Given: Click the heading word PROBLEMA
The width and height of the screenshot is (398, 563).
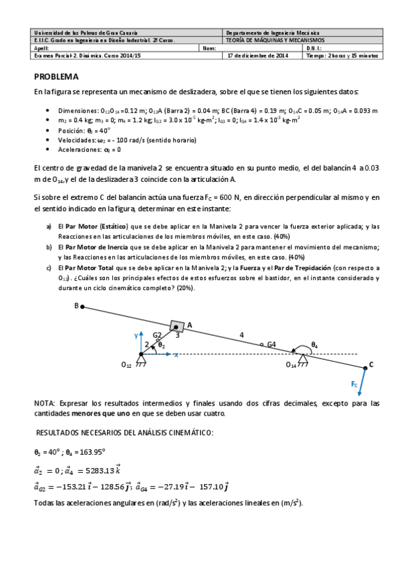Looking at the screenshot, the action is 56,76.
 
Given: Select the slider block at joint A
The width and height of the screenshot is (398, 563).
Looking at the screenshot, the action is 177,326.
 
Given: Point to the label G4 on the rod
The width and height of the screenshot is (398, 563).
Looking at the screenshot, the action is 271,344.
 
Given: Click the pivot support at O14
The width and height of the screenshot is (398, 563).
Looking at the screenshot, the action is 303,359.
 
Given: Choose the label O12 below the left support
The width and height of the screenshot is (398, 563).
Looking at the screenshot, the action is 126,364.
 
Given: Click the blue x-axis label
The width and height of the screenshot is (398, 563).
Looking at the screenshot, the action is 176,356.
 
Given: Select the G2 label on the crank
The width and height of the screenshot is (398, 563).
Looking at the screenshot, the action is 157,336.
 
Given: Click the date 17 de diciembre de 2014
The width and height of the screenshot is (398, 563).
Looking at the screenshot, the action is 256,56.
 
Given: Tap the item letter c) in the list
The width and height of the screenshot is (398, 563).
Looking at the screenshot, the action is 49,267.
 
